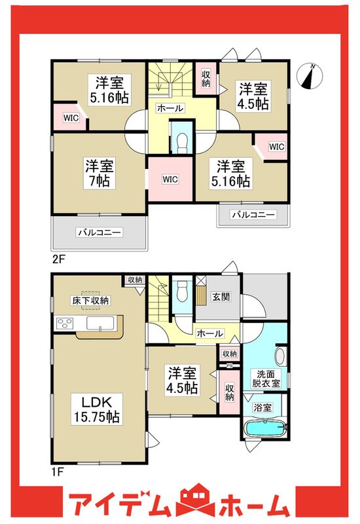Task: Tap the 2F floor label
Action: click(x=58, y=259)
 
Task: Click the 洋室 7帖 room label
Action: click(x=96, y=172)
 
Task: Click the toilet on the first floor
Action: click(x=182, y=291)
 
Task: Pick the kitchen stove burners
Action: click(x=65, y=322)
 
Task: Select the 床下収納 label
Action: click(x=90, y=300)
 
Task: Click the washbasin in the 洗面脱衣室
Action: click(x=281, y=357)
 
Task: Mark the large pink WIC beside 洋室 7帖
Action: click(x=170, y=178)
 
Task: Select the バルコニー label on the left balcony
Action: click(x=99, y=232)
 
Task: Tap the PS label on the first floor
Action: click(x=229, y=365)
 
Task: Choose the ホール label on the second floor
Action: click(x=170, y=108)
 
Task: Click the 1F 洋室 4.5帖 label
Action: click(x=182, y=381)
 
